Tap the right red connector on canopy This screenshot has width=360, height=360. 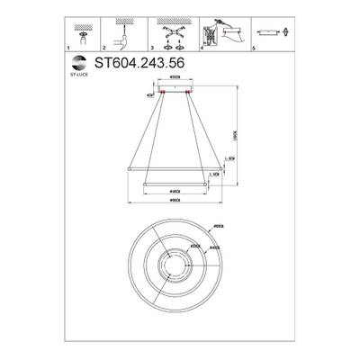191,92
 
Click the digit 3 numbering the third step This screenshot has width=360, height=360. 153,49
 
